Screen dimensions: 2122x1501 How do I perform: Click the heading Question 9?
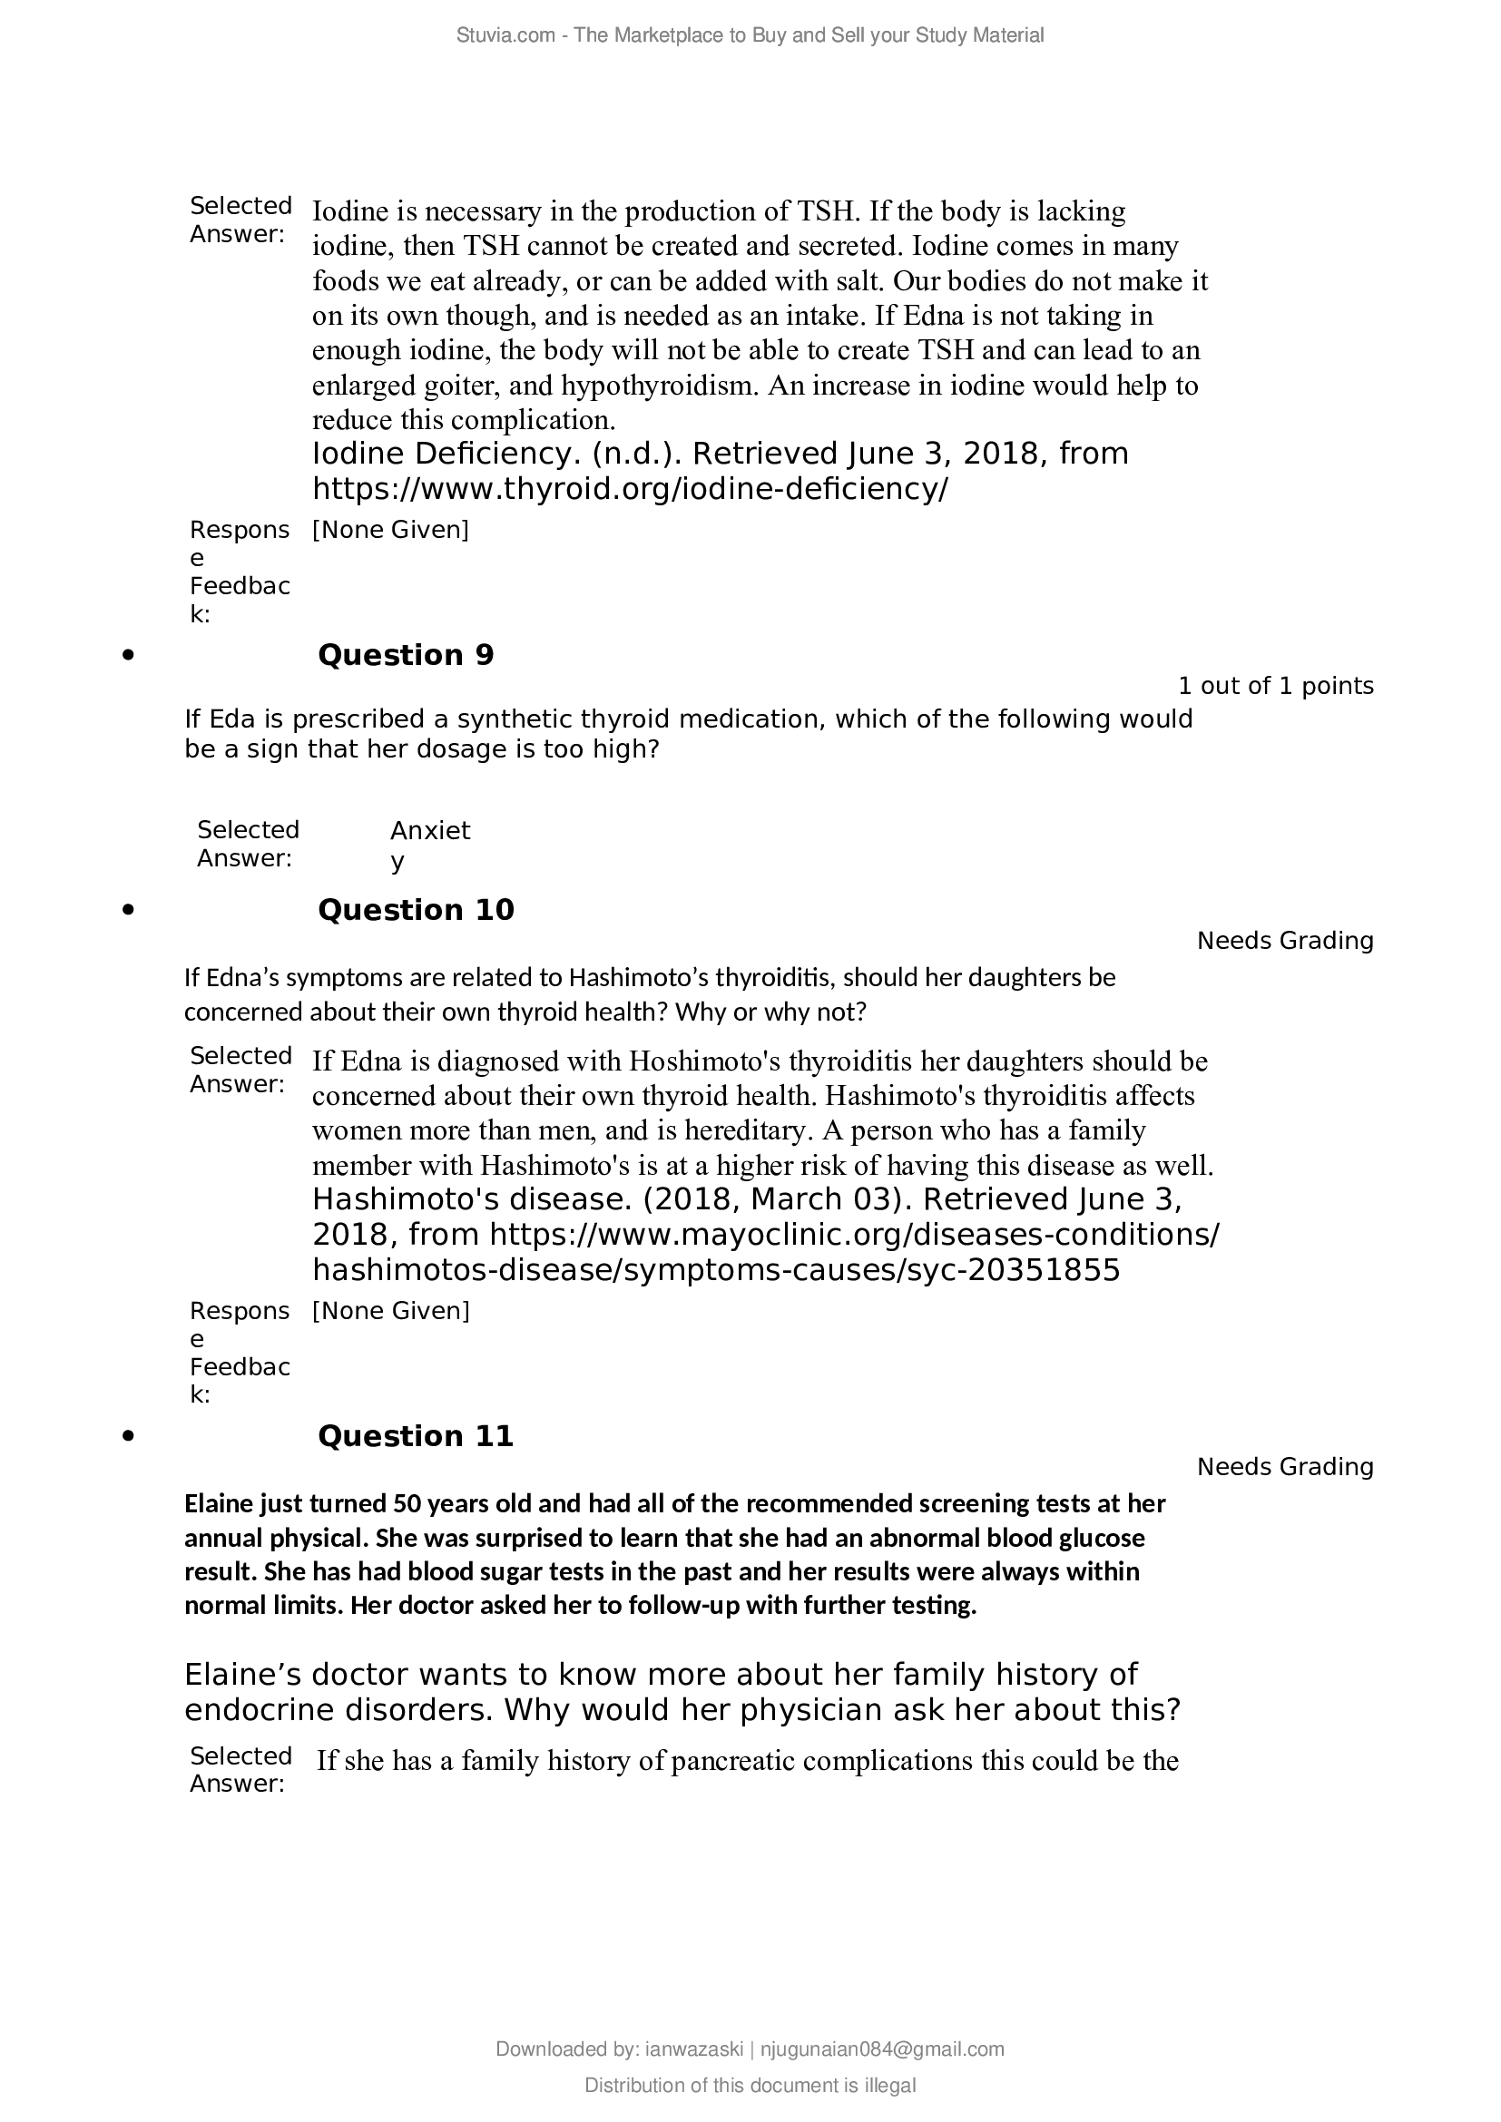[406, 655]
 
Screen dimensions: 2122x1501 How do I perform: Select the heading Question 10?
[416, 910]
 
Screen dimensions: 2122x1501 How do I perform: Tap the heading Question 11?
[415, 1436]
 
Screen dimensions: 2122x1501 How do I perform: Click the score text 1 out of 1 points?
[1275, 686]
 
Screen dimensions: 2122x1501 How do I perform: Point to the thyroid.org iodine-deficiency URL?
[630, 489]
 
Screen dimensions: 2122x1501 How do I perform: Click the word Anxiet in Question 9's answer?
[430, 831]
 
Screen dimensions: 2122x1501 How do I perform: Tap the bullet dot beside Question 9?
[129, 655]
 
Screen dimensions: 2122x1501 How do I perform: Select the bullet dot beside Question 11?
[129, 1436]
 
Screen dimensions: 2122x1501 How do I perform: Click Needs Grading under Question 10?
[1285, 941]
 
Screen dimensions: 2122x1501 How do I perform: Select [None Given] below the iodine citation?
[391, 530]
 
